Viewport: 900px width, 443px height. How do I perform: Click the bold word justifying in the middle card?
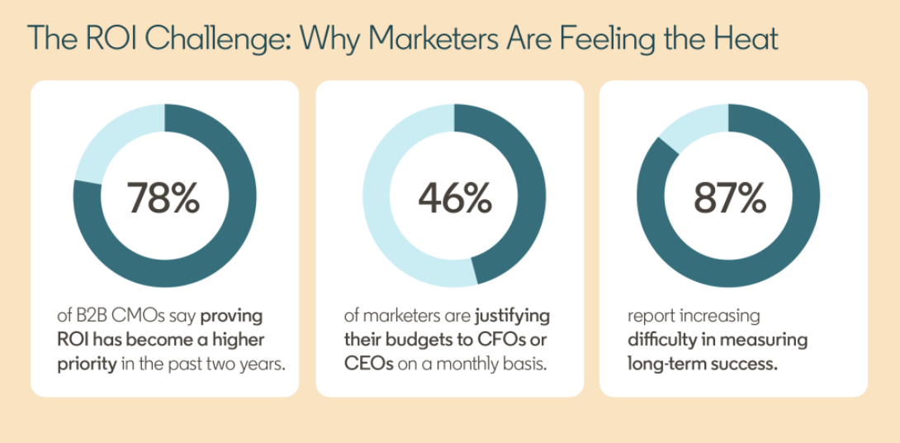pos(512,317)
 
